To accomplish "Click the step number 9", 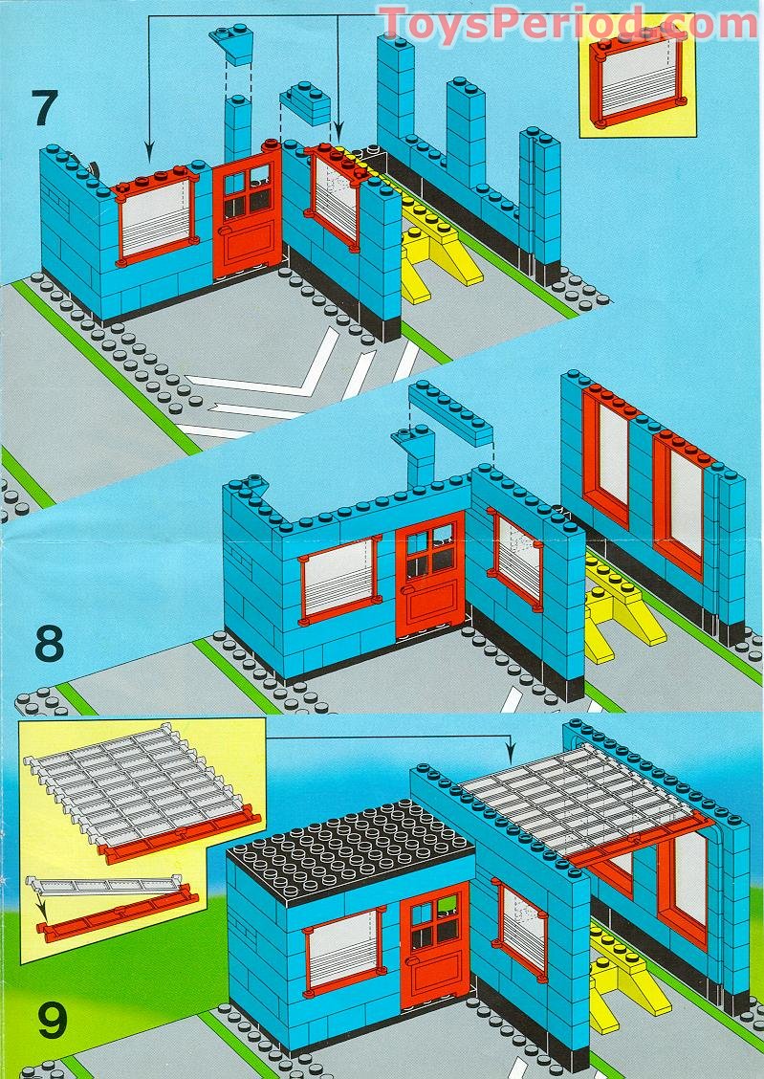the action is (x=53, y=1022).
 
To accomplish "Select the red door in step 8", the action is (x=430, y=575).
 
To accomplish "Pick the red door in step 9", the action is (x=435, y=945).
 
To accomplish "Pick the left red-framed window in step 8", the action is (x=340, y=577).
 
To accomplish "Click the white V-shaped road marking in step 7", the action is (x=268, y=371).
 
